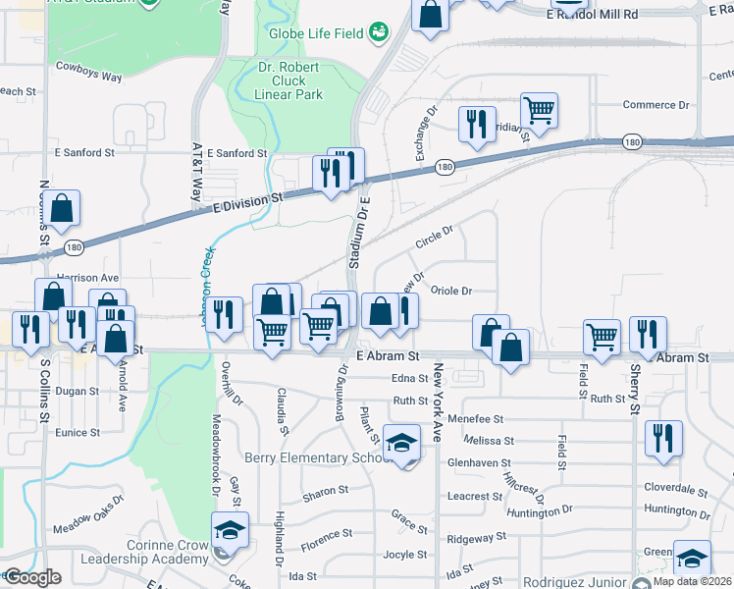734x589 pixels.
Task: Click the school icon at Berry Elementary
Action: [401, 445]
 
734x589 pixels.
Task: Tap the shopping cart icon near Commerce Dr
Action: [540, 111]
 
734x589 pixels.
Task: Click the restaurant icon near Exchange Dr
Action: [477, 125]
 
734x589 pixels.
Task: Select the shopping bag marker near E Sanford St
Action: [61, 209]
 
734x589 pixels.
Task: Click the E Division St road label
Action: [248, 198]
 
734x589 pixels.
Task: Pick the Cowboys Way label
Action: [88, 66]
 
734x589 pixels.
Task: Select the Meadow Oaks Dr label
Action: [88, 521]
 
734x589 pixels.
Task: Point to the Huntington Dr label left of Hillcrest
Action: [539, 511]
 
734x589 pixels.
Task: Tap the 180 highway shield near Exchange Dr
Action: [445, 167]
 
